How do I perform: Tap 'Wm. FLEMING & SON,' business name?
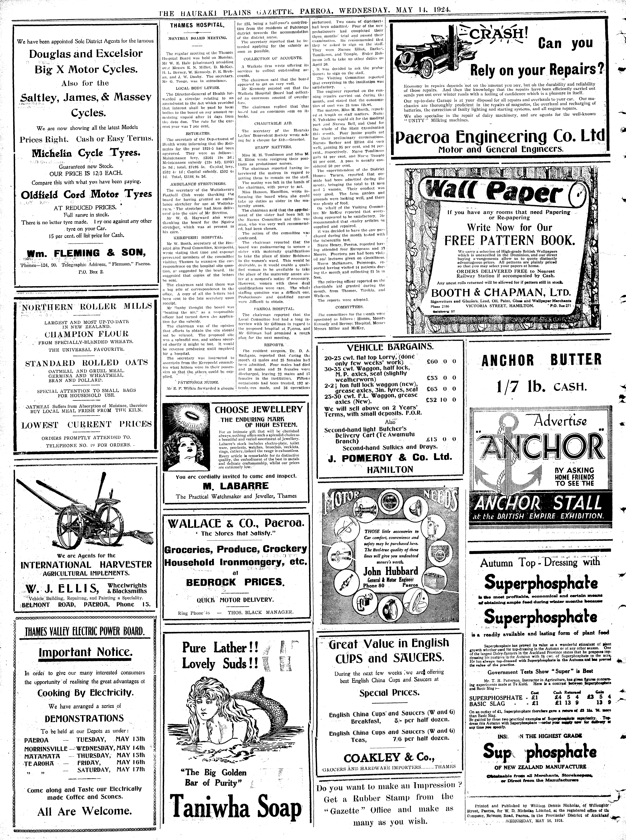point(86,253)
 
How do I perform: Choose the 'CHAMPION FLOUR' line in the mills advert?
point(87,334)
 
